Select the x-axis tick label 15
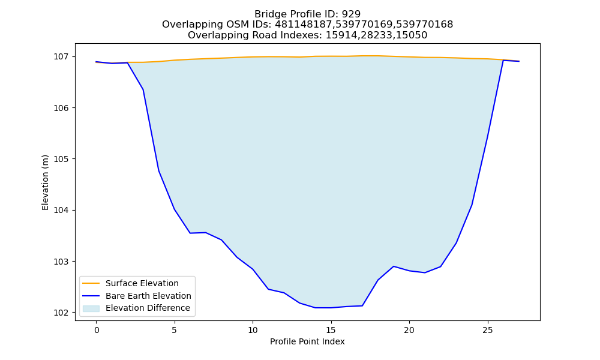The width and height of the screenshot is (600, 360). click(x=331, y=330)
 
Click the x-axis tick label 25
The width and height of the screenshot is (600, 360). click(x=487, y=330)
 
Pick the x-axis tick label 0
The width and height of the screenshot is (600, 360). click(x=97, y=330)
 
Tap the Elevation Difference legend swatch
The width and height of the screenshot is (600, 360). click(x=91, y=308)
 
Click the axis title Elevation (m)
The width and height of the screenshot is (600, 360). click(x=46, y=182)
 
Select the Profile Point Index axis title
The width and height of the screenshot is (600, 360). click(x=307, y=341)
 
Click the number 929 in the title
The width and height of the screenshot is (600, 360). click(x=351, y=14)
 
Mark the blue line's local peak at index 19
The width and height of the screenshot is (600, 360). click(x=394, y=266)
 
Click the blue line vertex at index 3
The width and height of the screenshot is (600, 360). click(x=143, y=89)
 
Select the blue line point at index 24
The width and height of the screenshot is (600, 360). click(x=472, y=205)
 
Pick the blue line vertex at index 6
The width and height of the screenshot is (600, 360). click(x=190, y=233)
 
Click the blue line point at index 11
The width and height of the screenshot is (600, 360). click(x=268, y=289)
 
